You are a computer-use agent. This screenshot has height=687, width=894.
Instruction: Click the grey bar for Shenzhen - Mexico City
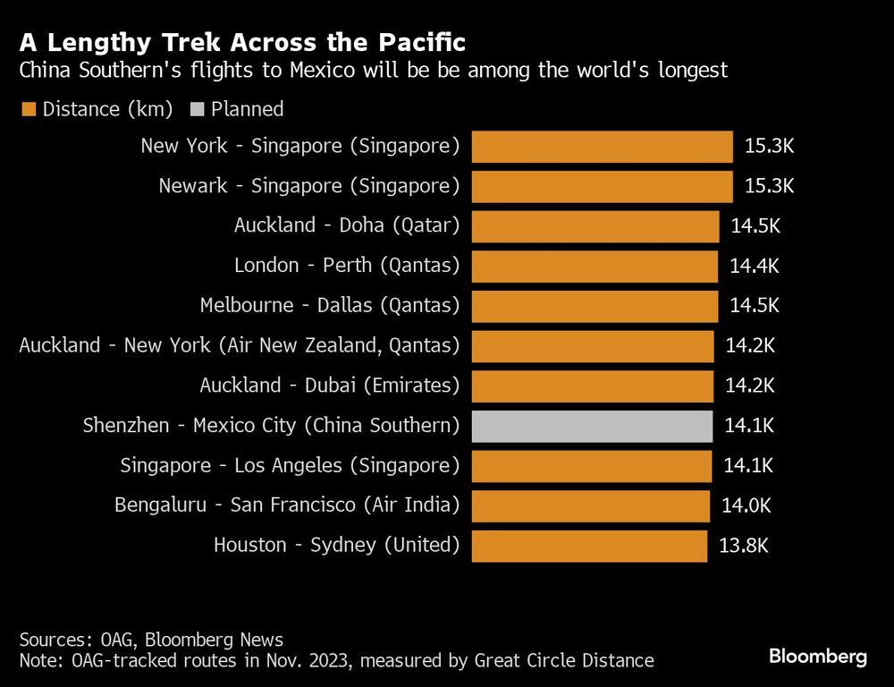coord(592,426)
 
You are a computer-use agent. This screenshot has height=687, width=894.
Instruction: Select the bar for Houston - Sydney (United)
coord(589,546)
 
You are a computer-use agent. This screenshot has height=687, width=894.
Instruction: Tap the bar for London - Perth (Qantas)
coord(595,266)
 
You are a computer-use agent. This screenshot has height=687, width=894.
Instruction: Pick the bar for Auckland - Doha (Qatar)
coord(595,225)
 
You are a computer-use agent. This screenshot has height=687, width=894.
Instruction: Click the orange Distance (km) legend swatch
coord(29,110)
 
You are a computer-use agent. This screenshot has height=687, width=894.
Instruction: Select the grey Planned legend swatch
coord(197,110)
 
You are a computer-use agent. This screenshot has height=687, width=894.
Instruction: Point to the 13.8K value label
coord(744,545)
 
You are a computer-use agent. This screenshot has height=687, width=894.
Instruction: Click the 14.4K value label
coord(755,266)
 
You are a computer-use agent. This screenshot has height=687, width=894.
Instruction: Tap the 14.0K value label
coord(746,505)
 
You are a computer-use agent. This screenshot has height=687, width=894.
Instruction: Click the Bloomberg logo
coord(818,657)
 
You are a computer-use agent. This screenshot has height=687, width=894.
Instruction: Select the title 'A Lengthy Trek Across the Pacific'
coord(241,43)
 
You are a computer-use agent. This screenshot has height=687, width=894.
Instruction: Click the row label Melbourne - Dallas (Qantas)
coord(329,306)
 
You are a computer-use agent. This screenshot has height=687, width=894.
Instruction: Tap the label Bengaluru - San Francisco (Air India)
coord(286,505)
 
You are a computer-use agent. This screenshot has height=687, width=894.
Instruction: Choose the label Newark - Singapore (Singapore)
coord(308,186)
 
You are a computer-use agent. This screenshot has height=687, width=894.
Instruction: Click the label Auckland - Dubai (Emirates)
coord(329,386)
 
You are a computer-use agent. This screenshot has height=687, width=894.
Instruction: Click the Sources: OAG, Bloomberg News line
coord(151,640)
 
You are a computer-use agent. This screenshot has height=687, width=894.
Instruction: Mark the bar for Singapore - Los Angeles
coord(591,466)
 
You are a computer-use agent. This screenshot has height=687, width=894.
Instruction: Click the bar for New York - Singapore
coord(602,146)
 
